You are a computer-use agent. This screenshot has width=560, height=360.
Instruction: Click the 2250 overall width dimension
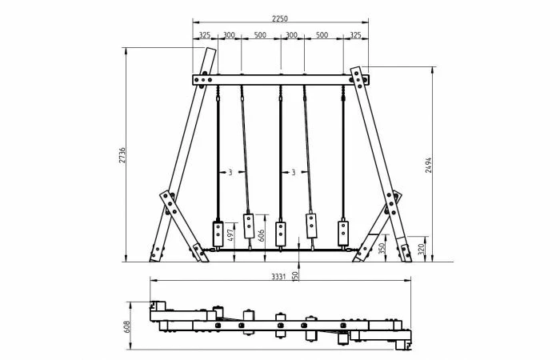(x=280, y=18)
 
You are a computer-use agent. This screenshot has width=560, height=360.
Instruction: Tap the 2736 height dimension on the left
(x=122, y=155)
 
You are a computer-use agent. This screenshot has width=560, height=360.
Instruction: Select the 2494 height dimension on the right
(x=429, y=165)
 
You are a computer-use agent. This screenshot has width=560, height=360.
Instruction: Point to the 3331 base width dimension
(x=278, y=277)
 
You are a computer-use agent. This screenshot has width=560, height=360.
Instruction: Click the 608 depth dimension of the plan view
(x=127, y=326)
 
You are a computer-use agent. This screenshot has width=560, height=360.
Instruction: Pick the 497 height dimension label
(x=230, y=234)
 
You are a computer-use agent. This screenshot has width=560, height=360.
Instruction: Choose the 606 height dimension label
(x=262, y=235)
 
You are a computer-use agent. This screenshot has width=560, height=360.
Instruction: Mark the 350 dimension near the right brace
(x=382, y=248)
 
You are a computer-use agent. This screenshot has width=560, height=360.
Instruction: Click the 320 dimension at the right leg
(x=422, y=249)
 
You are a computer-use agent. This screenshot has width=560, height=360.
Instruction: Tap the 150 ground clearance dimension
(x=295, y=276)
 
